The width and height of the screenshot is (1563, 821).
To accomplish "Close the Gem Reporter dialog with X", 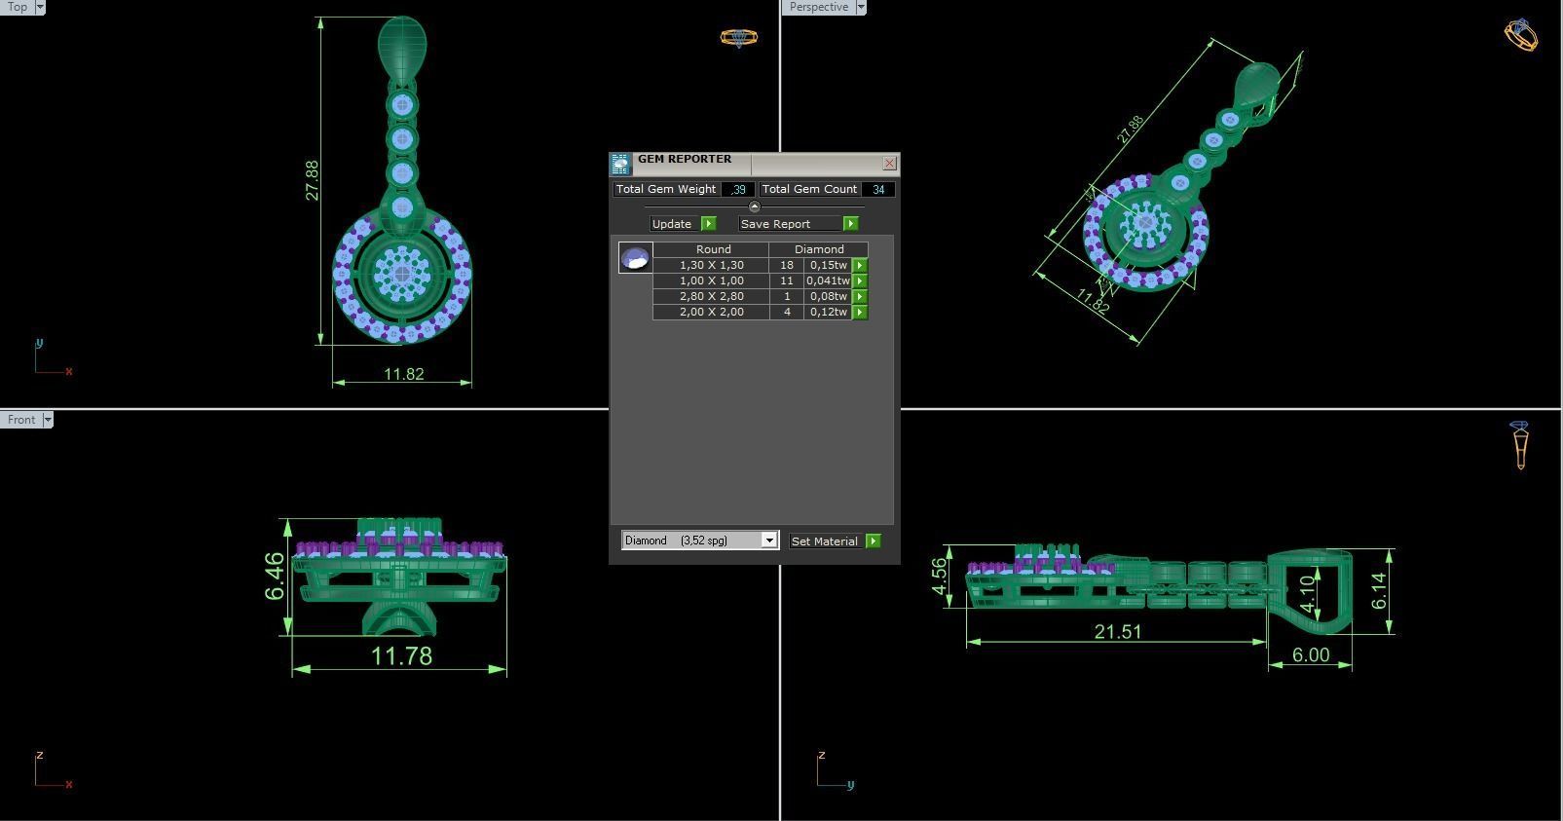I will pos(889,164).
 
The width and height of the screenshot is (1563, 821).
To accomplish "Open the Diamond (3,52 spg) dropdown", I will pos(768,541).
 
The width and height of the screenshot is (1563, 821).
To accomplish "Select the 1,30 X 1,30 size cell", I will pos(711,265).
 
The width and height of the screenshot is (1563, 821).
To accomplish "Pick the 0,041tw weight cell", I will pos(827,280).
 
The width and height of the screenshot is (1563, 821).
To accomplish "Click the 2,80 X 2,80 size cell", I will pos(711,296).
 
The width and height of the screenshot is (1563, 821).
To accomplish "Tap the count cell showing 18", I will pos(786,265).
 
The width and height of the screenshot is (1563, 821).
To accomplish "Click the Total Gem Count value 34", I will pos(878,190).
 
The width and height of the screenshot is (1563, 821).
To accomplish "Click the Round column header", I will pos(713,249).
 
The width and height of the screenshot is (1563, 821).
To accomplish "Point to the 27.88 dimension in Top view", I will pos(312,181).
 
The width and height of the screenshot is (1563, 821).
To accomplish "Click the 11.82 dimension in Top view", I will pos(403,374).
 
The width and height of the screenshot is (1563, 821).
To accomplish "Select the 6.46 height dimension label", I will pos(276,577).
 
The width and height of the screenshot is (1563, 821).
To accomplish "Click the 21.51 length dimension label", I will pos(1117,632).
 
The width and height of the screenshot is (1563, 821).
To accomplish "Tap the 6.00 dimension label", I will pos(1310,655).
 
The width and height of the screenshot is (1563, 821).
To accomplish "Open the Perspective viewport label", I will pos(818,7).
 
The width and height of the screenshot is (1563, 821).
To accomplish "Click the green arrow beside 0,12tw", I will pos(860,312).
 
